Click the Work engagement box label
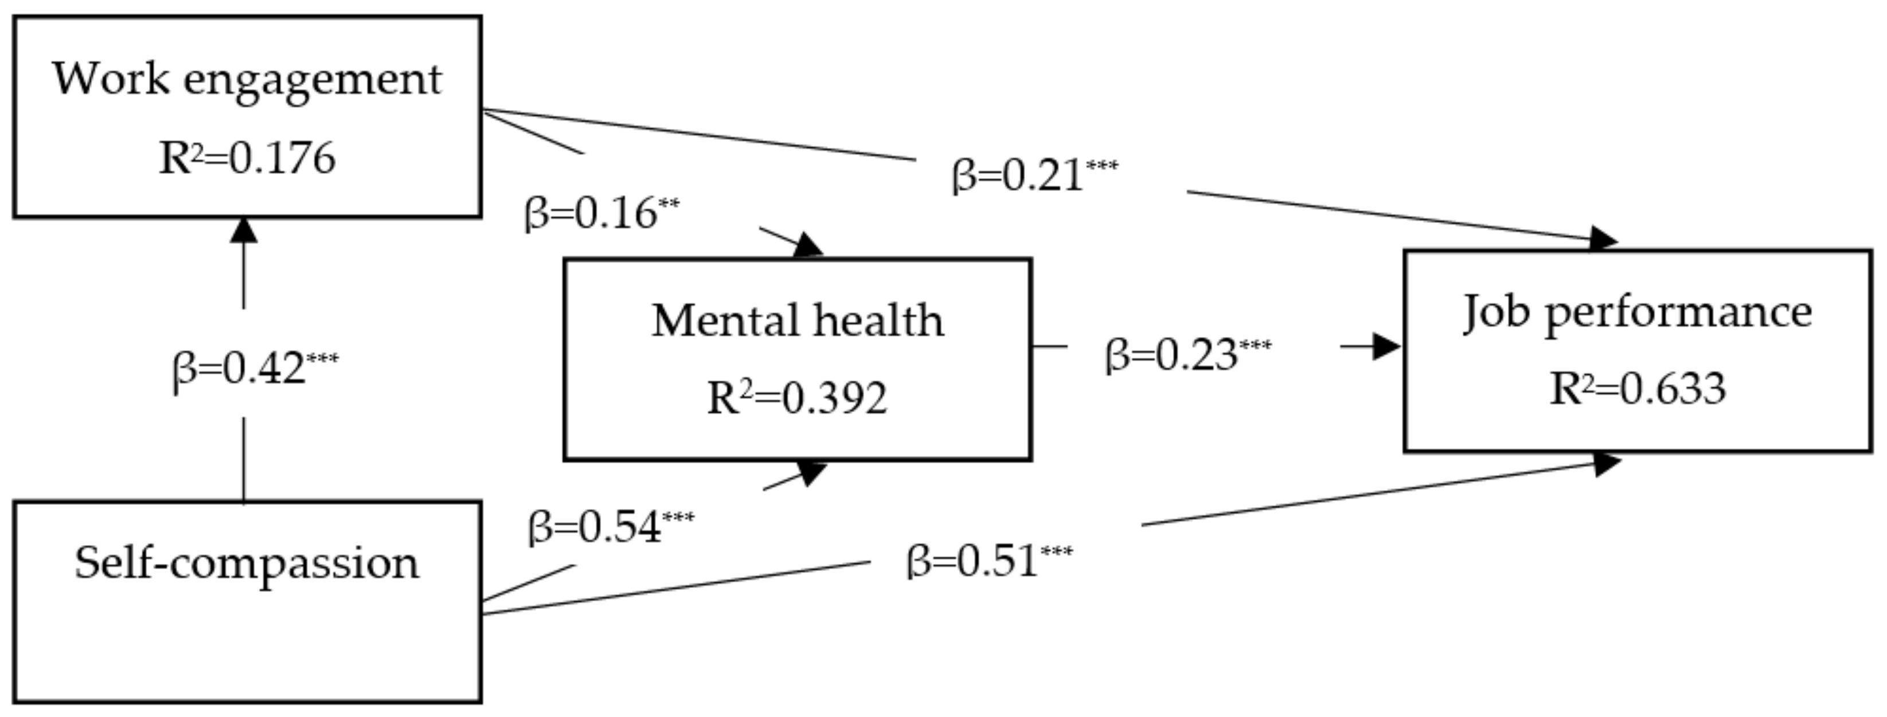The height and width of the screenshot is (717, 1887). click(x=247, y=79)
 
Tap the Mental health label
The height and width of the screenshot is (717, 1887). click(x=798, y=321)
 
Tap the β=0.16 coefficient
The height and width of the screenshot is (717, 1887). click(x=591, y=214)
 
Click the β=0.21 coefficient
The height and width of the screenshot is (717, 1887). click(x=1018, y=177)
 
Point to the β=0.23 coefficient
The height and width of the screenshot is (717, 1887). click(x=1172, y=355)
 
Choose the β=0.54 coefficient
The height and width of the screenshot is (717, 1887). click(x=595, y=527)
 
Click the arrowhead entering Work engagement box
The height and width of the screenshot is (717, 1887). click(x=244, y=230)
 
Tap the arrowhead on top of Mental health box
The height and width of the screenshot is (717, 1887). click(x=808, y=245)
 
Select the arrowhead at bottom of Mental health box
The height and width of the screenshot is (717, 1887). click(x=812, y=473)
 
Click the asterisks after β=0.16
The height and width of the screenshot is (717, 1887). click(x=669, y=202)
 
